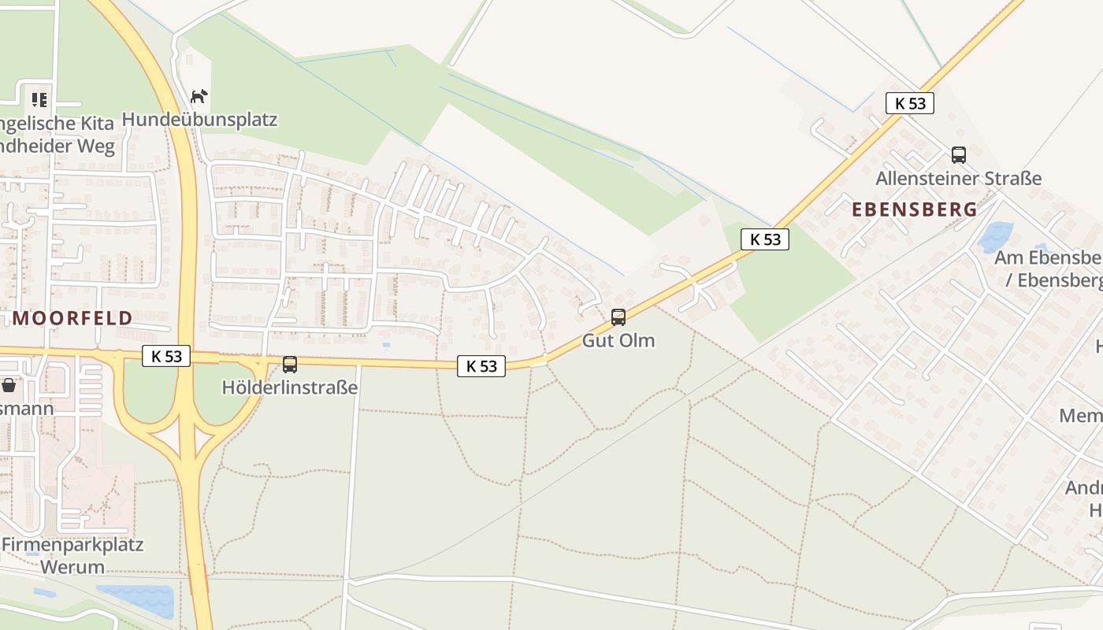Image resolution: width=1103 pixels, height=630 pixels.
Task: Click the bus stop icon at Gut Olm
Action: click(618, 317)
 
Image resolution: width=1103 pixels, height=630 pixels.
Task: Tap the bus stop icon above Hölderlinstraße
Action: click(290, 365)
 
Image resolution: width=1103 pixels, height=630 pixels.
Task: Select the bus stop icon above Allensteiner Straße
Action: click(959, 155)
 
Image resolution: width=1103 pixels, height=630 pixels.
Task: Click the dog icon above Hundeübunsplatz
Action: click(199, 97)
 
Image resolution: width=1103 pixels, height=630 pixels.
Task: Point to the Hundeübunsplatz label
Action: click(199, 120)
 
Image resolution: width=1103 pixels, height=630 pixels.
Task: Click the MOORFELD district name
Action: click(72, 318)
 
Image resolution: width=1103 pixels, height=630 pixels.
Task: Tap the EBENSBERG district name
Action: click(915, 209)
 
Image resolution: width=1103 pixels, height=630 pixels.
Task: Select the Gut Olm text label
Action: click(618, 340)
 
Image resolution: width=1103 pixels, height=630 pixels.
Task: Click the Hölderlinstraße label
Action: click(290, 387)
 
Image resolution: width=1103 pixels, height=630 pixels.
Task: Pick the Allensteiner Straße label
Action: click(959, 179)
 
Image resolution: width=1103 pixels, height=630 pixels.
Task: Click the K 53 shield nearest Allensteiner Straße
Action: click(910, 103)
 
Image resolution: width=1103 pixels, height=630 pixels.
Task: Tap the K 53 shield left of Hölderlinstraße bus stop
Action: click(167, 356)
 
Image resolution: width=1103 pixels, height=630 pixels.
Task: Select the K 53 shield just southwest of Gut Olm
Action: click(481, 365)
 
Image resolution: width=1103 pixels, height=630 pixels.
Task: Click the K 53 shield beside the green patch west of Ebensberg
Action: click(765, 239)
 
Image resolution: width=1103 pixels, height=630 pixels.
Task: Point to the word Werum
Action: click(72, 566)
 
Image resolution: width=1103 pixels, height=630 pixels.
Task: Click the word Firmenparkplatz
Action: click(72, 545)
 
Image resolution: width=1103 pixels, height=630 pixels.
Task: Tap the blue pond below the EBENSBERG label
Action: click(995, 236)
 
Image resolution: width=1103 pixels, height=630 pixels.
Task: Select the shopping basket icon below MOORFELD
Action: click(9, 385)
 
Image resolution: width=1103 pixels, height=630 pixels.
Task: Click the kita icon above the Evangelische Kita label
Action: click(39, 100)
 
